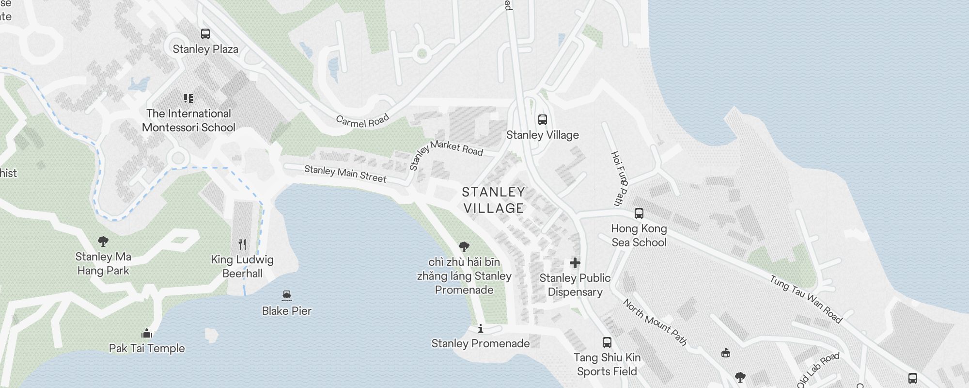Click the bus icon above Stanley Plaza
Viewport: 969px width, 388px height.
(x=205, y=34)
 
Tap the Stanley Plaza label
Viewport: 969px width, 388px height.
(x=205, y=49)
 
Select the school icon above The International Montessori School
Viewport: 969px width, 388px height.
(x=188, y=98)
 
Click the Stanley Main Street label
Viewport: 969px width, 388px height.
(x=345, y=174)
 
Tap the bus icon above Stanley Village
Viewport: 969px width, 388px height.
(x=543, y=120)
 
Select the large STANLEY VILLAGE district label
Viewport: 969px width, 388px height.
(x=493, y=200)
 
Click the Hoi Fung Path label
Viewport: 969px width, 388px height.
(x=619, y=178)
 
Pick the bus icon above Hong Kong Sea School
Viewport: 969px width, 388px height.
(x=639, y=213)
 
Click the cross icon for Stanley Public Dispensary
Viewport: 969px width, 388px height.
(x=575, y=263)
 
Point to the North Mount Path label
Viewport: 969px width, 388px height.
(x=655, y=322)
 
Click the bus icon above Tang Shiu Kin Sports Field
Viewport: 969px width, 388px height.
(x=607, y=342)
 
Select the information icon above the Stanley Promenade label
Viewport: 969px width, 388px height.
(x=481, y=329)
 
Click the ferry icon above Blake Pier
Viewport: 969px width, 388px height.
(x=286, y=295)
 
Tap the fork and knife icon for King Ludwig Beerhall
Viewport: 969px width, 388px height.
(x=242, y=244)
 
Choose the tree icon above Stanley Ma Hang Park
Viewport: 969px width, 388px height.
(x=103, y=241)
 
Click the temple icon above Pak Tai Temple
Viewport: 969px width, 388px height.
(x=147, y=333)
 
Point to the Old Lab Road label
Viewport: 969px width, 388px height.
(x=818, y=370)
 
